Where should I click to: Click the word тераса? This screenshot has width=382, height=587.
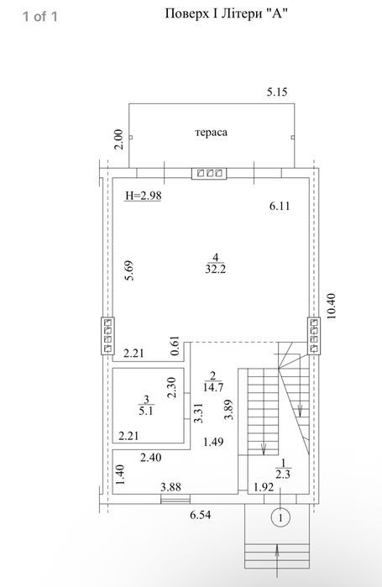click(211, 133)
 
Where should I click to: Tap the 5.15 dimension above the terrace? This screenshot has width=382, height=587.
click(277, 92)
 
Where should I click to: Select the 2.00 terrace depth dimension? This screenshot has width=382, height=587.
click(118, 139)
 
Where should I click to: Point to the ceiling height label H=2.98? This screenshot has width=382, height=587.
click(144, 196)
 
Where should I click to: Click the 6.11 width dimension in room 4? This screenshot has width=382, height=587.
click(280, 206)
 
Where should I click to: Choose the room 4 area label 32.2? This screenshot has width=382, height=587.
click(216, 270)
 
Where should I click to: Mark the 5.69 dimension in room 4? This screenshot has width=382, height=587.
click(129, 270)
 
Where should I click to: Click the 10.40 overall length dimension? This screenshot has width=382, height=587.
click(332, 307)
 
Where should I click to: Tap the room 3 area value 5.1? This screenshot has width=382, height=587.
click(146, 411)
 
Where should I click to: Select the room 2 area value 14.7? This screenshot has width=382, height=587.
click(213, 387)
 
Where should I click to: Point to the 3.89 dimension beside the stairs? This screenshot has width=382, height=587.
click(229, 410)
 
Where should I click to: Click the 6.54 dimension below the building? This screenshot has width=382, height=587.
click(200, 515)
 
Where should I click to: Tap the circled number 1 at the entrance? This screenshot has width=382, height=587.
click(280, 518)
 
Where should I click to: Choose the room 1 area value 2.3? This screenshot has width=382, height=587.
click(283, 474)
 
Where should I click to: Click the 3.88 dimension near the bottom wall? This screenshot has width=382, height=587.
click(170, 487)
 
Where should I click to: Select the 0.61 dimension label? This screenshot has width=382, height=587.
click(175, 346)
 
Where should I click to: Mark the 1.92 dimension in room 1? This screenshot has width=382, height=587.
click(264, 487)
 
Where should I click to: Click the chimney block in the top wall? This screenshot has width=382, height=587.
click(209, 173)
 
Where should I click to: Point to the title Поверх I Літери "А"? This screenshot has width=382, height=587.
click(227, 13)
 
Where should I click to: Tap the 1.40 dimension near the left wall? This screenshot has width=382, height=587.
click(120, 474)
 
